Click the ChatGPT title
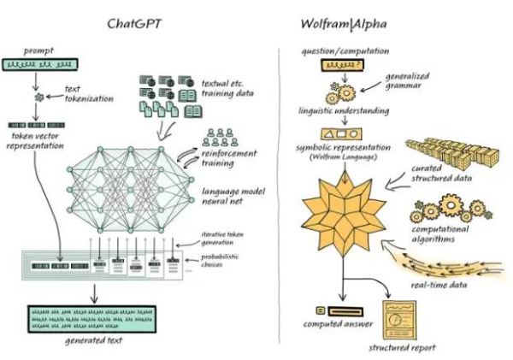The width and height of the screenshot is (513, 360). pos(134,24)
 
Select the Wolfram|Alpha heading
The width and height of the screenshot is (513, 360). pos(344,24)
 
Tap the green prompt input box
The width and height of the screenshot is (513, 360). pos(40,64)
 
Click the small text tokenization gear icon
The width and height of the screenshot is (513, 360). pos(39,97)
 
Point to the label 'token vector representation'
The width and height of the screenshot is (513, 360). pos(35,141)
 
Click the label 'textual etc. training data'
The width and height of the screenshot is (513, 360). pos(227,88)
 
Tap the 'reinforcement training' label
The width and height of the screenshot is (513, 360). pos(228,158)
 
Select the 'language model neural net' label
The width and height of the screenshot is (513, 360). pos(233,196)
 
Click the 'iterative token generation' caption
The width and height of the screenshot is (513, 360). pos(221,239)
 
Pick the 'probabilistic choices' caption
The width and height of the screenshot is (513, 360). pos(220,261)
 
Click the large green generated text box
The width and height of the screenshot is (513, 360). pos(92,319)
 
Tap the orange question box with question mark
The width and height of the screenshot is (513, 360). pos(342,65)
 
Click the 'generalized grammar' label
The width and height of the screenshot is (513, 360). pos(407,81)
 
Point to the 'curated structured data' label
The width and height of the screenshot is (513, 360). pos(441,174)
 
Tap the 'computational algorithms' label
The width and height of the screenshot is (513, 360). pos(440,234)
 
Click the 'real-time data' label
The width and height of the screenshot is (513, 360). pos(439,285)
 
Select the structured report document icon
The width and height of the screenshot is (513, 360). pos(400,320)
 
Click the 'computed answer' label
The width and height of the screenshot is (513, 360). pos(338,324)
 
